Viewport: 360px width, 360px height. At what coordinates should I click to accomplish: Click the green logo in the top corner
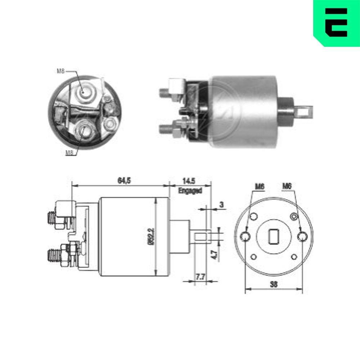click(336, 22)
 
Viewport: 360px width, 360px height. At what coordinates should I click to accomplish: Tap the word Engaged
click(190, 190)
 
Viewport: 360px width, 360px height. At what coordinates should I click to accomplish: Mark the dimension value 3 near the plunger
click(221, 204)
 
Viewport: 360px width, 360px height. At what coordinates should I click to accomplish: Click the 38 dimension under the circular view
click(274, 284)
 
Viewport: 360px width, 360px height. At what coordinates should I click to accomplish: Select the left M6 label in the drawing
click(260, 186)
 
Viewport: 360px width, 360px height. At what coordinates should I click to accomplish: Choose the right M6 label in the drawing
click(287, 186)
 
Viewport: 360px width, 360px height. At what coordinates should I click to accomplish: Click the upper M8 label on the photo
click(60, 71)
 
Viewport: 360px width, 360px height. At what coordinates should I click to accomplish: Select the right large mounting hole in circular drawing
click(303, 236)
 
